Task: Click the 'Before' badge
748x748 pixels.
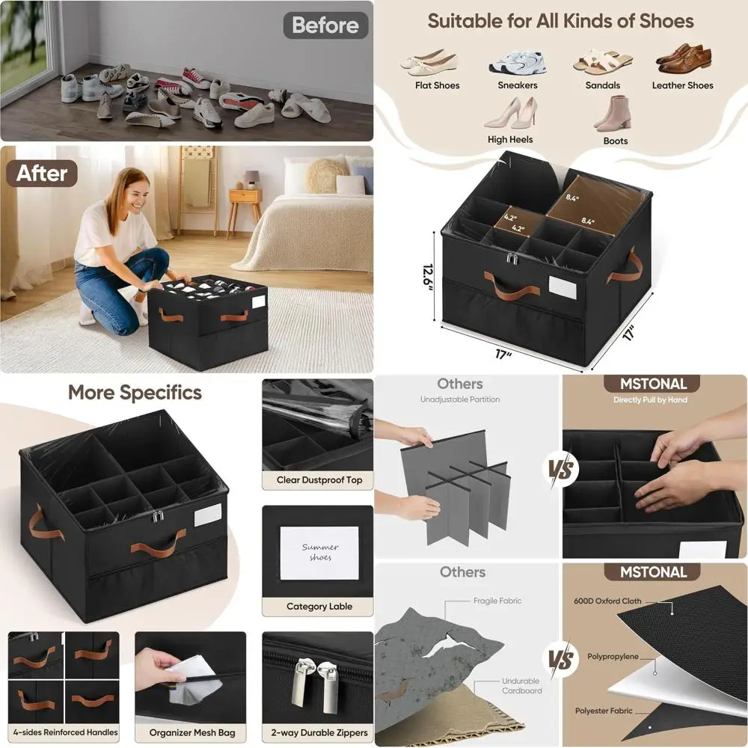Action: pyautogui.click(x=325, y=25)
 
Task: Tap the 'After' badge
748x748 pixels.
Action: pyautogui.click(x=43, y=174)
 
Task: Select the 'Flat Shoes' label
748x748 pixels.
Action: pyautogui.click(x=438, y=85)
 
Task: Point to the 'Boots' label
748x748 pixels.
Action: pyautogui.click(x=615, y=141)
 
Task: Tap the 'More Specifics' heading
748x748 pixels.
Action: pyautogui.click(x=135, y=393)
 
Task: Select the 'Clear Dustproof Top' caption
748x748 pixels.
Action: pyautogui.click(x=319, y=479)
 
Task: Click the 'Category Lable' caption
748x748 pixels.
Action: pyautogui.click(x=319, y=606)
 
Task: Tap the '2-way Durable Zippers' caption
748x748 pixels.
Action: pyautogui.click(x=320, y=732)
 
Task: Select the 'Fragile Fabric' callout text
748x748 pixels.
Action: pyautogui.click(x=497, y=601)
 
